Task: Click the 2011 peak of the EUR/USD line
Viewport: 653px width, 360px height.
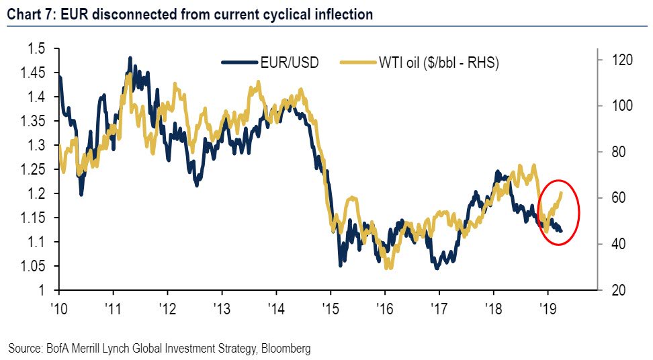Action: (x=130, y=58)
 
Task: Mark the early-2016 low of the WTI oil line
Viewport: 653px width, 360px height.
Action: (x=387, y=268)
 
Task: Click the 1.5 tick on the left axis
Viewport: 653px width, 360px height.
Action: (x=39, y=48)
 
